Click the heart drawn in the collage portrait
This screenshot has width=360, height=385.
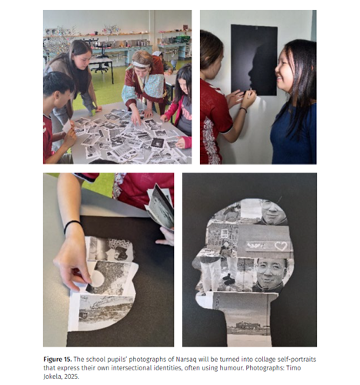click(280, 246)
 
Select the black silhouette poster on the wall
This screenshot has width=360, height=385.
click(254, 60)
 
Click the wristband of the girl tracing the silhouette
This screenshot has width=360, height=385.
click(244, 110)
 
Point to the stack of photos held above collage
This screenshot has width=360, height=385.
click(160, 206)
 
